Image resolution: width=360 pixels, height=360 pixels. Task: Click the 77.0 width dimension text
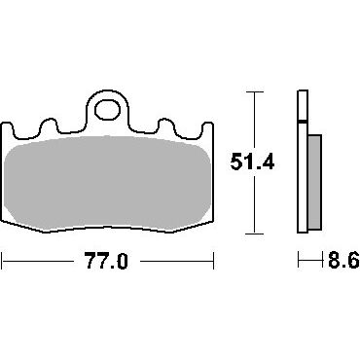(106, 261)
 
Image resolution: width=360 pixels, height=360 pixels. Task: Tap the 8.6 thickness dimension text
(343, 260)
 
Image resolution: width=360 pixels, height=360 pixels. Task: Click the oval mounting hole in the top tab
(108, 109)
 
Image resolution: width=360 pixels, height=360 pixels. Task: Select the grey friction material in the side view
(314, 183)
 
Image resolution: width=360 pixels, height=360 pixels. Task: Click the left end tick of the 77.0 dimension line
(2, 261)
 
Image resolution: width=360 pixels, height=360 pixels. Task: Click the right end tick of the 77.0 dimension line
(213, 261)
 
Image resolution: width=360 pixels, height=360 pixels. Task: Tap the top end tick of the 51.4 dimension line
(254, 92)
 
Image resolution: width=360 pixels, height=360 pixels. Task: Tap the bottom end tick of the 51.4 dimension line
(254, 234)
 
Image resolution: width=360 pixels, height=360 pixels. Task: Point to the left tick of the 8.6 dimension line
(299, 260)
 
